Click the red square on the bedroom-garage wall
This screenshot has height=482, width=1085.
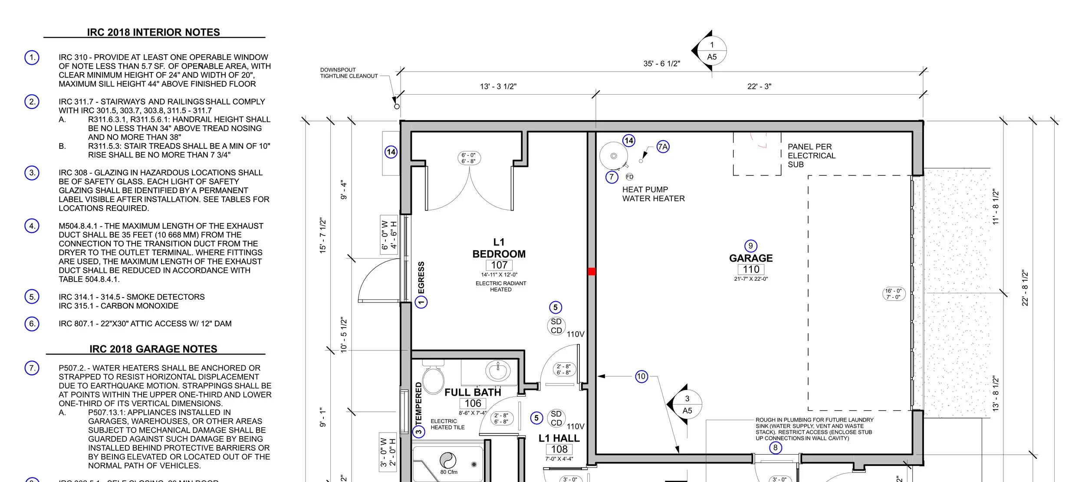[x=592, y=272]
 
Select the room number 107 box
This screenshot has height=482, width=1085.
[x=499, y=265]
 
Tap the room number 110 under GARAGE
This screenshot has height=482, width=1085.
[x=751, y=269]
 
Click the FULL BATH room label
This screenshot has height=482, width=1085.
[x=473, y=392]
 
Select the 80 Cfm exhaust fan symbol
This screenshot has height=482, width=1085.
[x=448, y=460]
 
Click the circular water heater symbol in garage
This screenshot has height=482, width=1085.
[x=613, y=156]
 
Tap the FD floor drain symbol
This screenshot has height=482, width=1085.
[x=629, y=177]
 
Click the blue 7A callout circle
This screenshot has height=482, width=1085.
[x=663, y=147]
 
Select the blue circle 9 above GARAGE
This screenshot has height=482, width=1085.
[x=751, y=246]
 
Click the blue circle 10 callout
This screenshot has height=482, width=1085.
[x=641, y=376]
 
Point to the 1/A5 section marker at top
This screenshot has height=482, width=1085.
[x=711, y=51]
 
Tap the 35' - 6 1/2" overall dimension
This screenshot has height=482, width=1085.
[x=661, y=64]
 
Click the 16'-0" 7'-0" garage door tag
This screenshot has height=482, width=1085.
[x=894, y=294]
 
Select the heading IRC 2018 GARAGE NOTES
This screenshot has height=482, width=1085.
[x=153, y=349]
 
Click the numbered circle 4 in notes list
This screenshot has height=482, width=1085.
[x=32, y=226]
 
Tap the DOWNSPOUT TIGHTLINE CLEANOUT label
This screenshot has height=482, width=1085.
[x=349, y=73]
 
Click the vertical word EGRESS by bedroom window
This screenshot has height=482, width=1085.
[x=421, y=278]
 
